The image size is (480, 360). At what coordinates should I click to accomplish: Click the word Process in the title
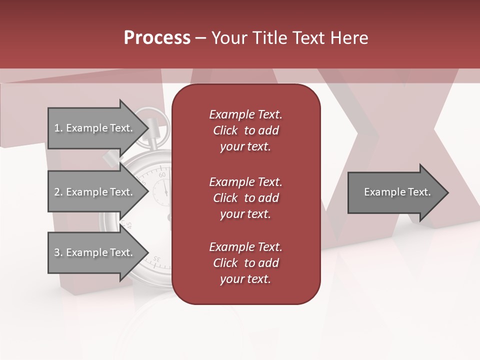(157, 38)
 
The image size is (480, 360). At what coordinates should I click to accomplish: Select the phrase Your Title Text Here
(290, 38)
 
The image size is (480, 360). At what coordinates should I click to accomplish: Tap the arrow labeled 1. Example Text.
(95, 128)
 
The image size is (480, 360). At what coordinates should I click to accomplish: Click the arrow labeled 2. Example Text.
(95, 192)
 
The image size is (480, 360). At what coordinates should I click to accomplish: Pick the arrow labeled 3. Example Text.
(95, 252)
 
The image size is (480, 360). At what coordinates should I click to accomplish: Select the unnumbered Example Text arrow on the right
(395, 192)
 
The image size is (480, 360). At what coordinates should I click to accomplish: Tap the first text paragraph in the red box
(245, 130)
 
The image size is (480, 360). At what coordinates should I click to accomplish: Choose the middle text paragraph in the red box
(245, 197)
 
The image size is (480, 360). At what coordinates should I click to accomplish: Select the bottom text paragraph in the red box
(245, 263)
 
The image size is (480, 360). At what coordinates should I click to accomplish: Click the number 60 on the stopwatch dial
(162, 175)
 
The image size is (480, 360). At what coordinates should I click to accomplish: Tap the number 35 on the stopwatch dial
(155, 260)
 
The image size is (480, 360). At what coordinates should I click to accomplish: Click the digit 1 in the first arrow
(56, 128)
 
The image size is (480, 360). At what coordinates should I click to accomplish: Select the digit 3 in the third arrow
(56, 253)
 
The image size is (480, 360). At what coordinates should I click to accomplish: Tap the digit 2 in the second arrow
(56, 192)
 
